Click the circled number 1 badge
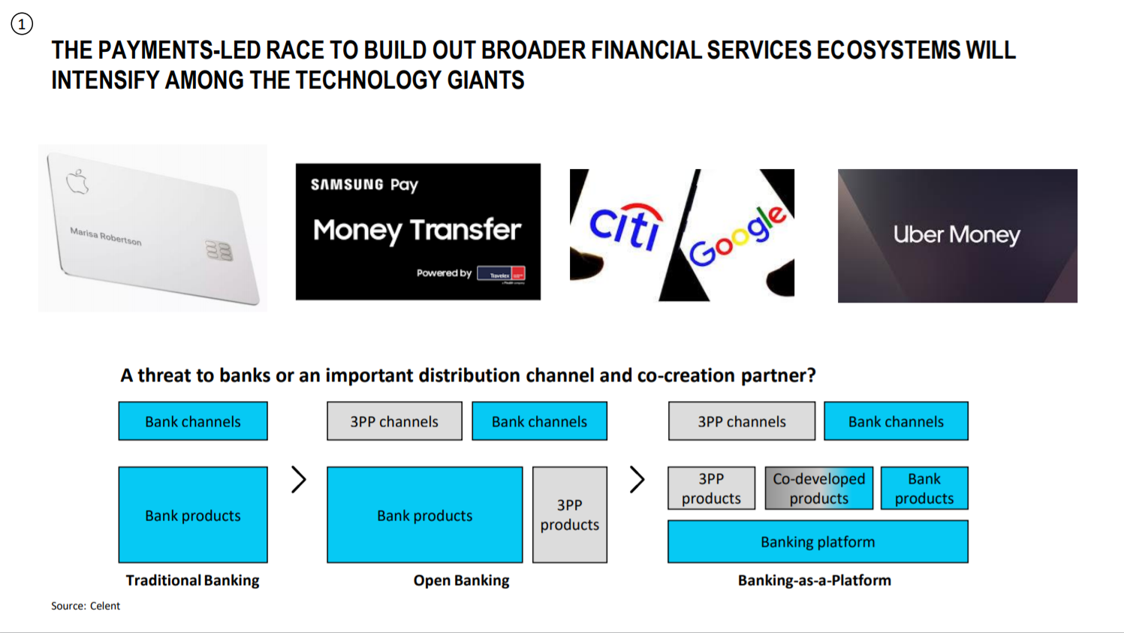22,23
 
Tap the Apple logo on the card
77,182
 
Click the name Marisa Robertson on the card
105,237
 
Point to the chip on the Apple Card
219,251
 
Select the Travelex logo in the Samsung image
501,274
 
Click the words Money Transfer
417,231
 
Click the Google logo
737,236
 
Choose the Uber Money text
957,234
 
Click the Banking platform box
818,541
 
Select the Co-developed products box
819,488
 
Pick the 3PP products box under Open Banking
570,514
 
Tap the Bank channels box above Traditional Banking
193,421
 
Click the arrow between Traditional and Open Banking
299,479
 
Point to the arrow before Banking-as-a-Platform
637,479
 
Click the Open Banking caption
461,580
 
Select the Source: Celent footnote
86,606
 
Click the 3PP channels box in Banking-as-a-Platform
742,421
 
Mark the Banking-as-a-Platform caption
815,580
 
